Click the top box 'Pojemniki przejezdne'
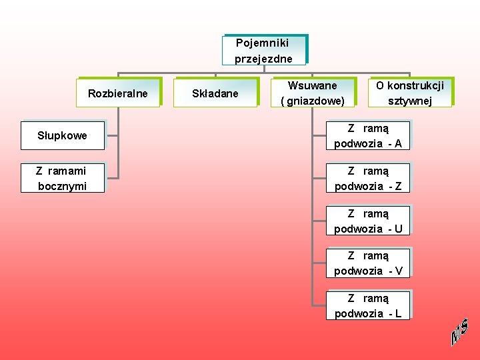(x=263, y=51)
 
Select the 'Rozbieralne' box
(x=118, y=93)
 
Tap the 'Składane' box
(x=215, y=93)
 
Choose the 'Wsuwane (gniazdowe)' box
(x=312, y=93)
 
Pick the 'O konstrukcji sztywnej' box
(x=409, y=93)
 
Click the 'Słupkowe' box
(x=62, y=136)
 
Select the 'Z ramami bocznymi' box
(x=62, y=178)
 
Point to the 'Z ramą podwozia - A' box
(x=367, y=135)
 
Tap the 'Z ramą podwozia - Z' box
(x=367, y=178)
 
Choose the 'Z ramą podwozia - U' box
(x=367, y=221)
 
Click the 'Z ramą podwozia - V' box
(x=367, y=263)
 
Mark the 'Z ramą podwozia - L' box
(x=367, y=305)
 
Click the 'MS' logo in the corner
(x=459, y=331)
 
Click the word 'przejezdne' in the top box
(x=263, y=59)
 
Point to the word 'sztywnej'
(x=409, y=101)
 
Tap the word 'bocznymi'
(x=62, y=186)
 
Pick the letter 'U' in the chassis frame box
(x=398, y=229)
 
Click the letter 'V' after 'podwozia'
(x=398, y=271)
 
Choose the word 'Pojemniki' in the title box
(x=263, y=43)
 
